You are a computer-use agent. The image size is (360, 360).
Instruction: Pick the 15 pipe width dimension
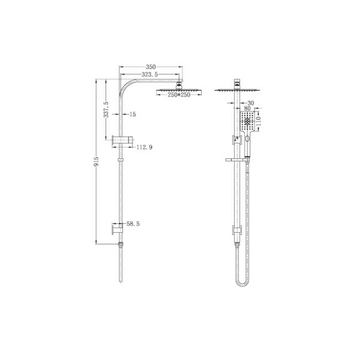132,113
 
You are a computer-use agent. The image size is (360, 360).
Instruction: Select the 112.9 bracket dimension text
143,146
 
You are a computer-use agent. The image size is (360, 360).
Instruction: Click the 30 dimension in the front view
251,103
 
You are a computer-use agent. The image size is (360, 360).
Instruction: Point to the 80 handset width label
248,109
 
